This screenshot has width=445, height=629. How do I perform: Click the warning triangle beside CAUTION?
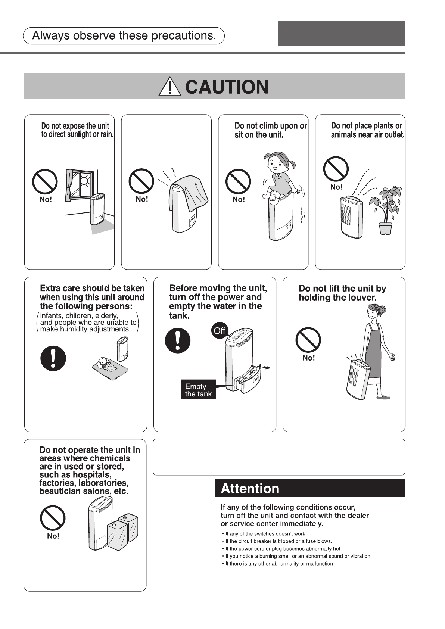[169, 87]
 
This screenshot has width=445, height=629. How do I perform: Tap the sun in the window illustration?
[84, 180]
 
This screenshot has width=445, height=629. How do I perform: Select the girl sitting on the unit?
[279, 177]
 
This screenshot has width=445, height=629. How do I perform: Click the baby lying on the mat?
[106, 364]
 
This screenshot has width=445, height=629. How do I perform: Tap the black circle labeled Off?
[220, 331]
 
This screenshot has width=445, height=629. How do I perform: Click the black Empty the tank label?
[199, 389]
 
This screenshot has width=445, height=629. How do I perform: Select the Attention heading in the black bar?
[250, 489]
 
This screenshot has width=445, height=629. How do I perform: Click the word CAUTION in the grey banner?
[227, 87]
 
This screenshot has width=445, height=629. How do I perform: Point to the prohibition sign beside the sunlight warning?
[45, 182]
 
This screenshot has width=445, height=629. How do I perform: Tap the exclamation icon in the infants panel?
[53, 358]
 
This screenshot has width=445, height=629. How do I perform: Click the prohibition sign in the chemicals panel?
[53, 518]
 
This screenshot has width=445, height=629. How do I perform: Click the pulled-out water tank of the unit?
[248, 379]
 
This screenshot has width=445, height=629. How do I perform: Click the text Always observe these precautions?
[124, 36]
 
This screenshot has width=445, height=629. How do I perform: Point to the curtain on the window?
[69, 185]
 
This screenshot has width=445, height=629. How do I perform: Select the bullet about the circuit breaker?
[277, 541]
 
